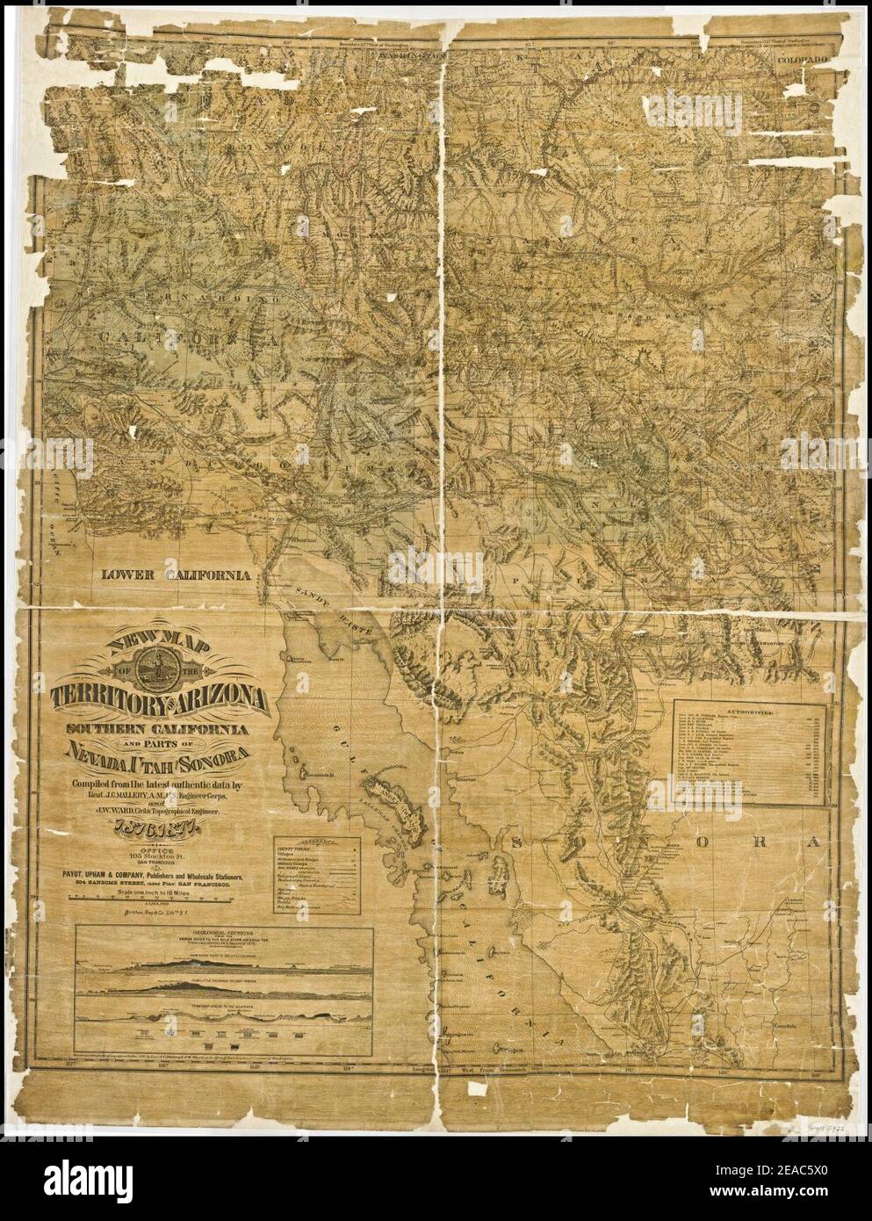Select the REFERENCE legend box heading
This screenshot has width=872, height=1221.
point(319,840)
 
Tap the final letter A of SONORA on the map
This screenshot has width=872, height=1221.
point(816,841)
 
